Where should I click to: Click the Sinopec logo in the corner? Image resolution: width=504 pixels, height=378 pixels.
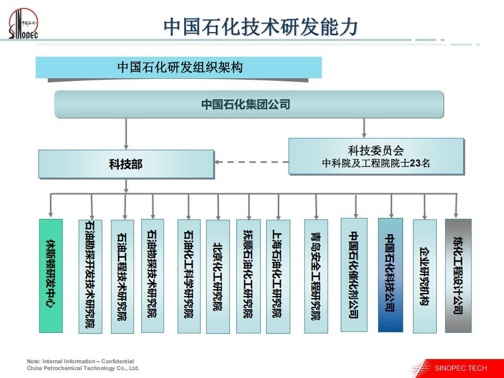pyautogui.click(x=23, y=24)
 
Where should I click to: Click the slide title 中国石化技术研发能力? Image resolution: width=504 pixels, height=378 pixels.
pyautogui.click(x=261, y=27)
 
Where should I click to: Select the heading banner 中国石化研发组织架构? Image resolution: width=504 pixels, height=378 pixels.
pyautogui.click(x=178, y=68)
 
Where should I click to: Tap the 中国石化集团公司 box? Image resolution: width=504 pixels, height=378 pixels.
pyautogui.click(x=249, y=104)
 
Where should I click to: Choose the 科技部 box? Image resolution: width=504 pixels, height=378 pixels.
pyautogui.click(x=126, y=164)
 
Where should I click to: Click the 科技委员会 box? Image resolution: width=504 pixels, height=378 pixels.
pyautogui.click(x=376, y=156)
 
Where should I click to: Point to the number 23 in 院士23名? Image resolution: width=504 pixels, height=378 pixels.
pyautogui.click(x=415, y=163)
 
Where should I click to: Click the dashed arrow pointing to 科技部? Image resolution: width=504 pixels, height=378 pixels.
pyautogui.click(x=251, y=162)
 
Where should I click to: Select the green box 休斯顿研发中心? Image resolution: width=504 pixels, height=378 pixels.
pyautogui.click(x=51, y=276)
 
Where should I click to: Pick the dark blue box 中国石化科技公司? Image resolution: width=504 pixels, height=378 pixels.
pyautogui.click(x=391, y=275)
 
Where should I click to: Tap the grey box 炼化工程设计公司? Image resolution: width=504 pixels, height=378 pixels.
pyautogui.click(x=458, y=276)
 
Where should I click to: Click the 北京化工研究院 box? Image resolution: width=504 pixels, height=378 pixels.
pyautogui.click(x=218, y=277)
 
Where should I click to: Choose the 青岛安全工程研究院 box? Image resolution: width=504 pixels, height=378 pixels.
pyautogui.click(x=316, y=277)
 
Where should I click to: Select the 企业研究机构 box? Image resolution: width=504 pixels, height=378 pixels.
pyautogui.click(x=425, y=277)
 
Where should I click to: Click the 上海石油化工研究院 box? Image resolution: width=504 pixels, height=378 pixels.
pyautogui.click(x=278, y=277)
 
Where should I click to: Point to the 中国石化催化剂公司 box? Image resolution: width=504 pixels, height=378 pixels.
pyautogui.click(x=354, y=275)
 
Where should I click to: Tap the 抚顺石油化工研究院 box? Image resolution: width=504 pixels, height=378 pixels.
pyautogui.click(x=248, y=277)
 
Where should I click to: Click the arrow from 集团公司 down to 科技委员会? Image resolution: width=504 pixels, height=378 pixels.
pyautogui.click(x=364, y=128)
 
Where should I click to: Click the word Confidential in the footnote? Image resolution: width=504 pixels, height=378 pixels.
pyautogui.click(x=117, y=361)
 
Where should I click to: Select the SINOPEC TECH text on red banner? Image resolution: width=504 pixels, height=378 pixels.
pyautogui.click(x=460, y=368)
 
